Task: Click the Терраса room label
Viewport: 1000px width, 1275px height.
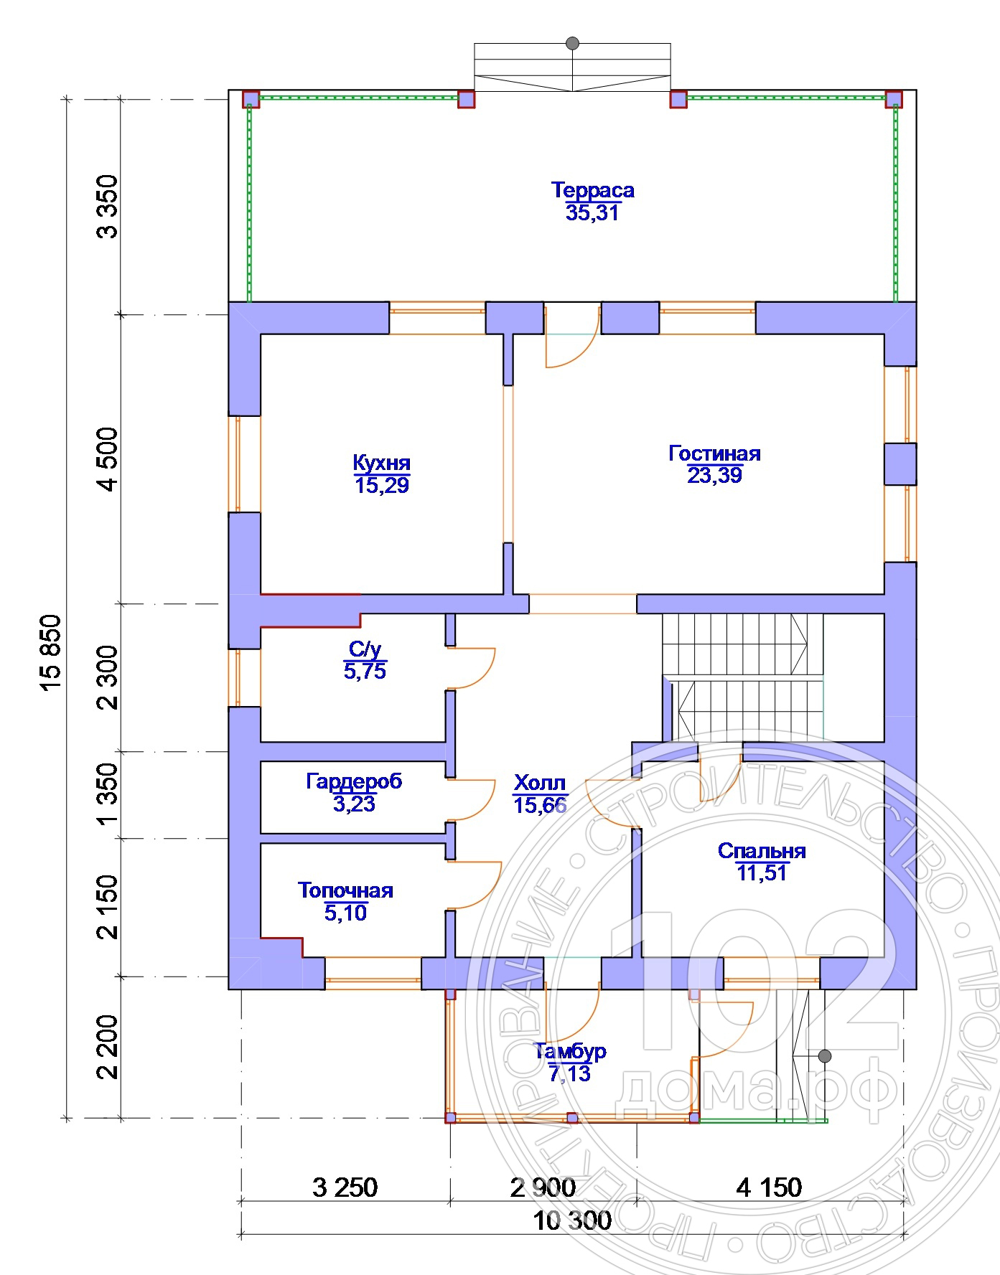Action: click(x=592, y=190)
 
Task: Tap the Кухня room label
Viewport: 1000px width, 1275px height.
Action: click(x=381, y=462)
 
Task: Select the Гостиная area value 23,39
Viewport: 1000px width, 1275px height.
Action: click(x=714, y=475)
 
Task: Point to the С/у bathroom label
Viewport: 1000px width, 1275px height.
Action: click(x=365, y=649)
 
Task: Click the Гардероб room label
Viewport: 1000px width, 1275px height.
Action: click(x=354, y=781)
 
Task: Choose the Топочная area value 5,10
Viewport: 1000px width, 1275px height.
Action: click(x=345, y=913)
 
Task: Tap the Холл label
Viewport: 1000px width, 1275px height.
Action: click(x=540, y=783)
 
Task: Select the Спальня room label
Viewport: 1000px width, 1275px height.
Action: click(x=762, y=851)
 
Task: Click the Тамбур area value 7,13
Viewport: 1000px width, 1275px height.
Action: click(x=570, y=1073)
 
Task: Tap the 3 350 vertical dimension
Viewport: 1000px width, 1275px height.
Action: click(x=107, y=206)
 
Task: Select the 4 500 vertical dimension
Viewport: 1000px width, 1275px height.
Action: click(x=107, y=459)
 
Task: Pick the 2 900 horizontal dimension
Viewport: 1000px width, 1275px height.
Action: click(x=543, y=1187)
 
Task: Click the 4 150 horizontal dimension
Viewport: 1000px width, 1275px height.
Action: click(x=769, y=1187)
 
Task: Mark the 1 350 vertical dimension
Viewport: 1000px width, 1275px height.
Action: click(x=107, y=794)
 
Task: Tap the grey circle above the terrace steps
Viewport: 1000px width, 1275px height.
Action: click(x=572, y=43)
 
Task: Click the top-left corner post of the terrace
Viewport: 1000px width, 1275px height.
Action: click(x=250, y=98)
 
